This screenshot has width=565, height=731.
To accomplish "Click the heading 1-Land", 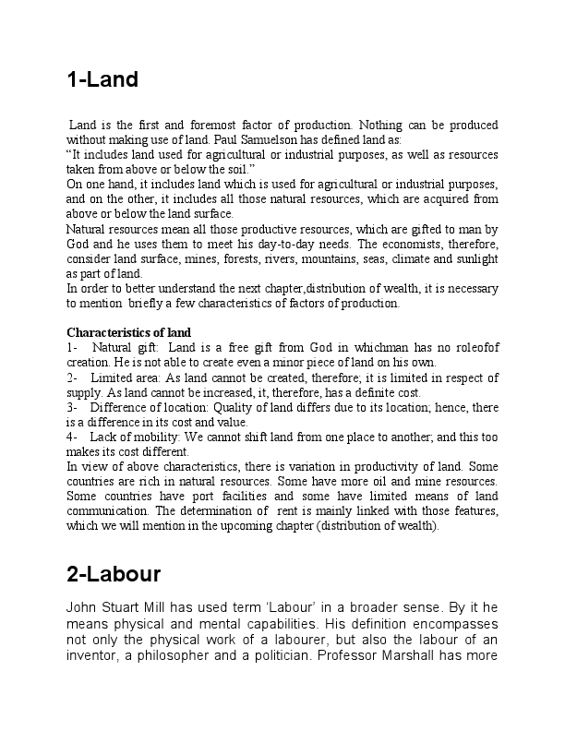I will click(102, 79).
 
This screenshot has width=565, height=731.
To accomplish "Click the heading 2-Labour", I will click(114, 574).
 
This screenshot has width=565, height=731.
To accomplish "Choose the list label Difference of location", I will click(163, 407).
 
